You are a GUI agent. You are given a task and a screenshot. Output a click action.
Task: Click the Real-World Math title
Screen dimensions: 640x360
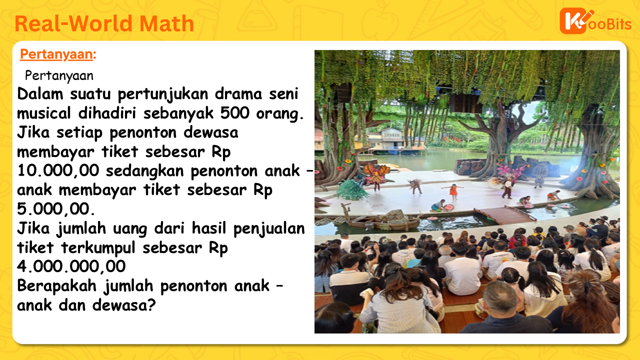coord(104,23)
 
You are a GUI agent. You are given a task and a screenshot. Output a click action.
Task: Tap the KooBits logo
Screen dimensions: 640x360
coord(595,21)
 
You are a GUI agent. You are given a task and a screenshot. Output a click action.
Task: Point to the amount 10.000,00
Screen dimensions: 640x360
coord(58,171)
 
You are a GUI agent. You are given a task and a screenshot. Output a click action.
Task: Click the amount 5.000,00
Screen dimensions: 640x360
coord(55,209)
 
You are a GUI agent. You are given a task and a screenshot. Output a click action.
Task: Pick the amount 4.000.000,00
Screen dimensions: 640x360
coord(71,266)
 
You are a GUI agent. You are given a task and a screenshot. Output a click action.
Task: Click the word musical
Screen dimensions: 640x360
coord(43,113)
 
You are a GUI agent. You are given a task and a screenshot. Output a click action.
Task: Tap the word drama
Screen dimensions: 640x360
coord(238,94)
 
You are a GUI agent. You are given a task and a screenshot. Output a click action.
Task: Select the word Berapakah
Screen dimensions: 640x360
coord(56,285)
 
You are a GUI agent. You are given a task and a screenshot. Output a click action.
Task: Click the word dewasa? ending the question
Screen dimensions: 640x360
coord(124,305)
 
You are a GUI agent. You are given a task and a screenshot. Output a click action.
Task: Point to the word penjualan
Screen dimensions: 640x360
coord(269,228)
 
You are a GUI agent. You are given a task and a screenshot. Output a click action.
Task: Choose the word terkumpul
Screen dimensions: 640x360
coord(98,247)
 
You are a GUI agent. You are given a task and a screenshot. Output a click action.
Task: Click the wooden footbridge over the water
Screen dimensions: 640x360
coord(505,214)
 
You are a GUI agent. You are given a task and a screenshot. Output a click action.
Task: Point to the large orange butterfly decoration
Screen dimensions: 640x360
coord(376,172)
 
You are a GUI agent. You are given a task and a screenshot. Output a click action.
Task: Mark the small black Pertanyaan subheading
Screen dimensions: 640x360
coord(59,76)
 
